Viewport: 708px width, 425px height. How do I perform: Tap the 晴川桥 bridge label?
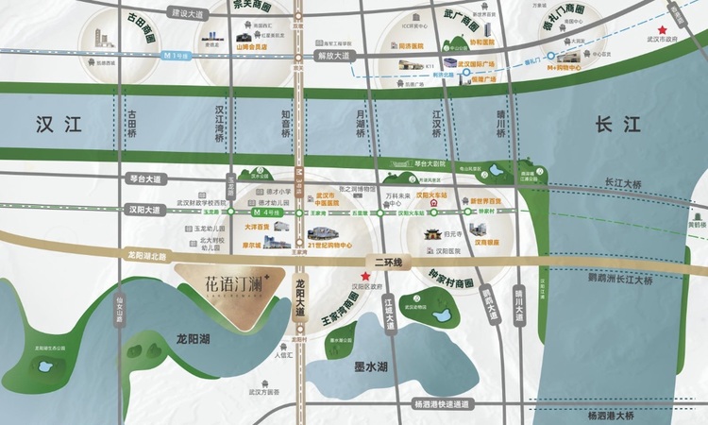pyautogui.click(x=501, y=124)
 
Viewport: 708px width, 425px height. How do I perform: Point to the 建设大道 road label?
pyautogui.click(x=187, y=13)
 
